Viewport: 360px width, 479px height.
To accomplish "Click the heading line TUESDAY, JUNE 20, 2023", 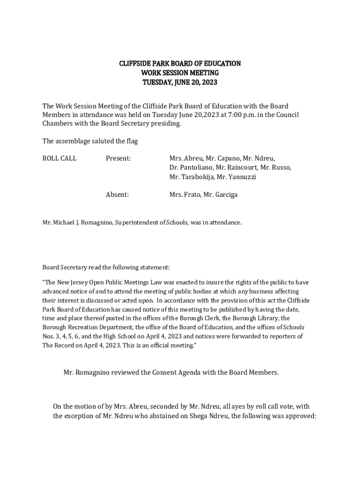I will pos(180,83).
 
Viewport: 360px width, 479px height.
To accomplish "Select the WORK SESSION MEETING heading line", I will pos(180,73).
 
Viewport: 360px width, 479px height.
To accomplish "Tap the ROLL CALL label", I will pos(59,159).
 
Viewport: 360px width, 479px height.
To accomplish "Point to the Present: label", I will pos(118,159).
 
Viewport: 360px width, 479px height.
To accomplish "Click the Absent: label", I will pos(117,195).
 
